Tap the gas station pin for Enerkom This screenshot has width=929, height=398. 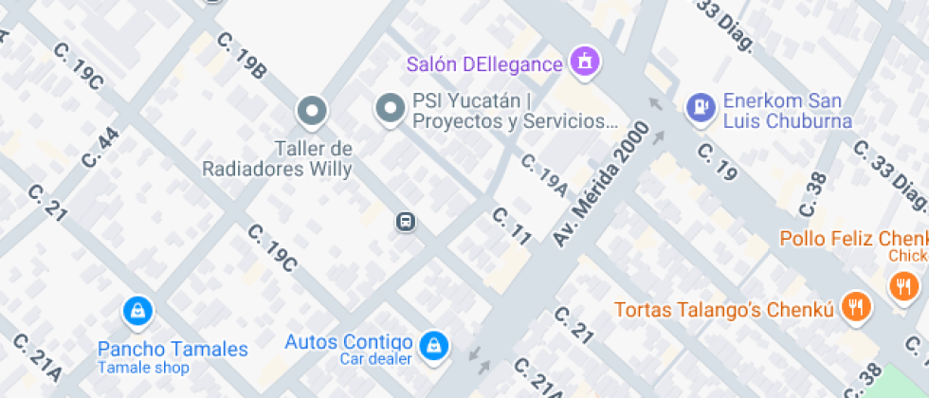tap(700, 106)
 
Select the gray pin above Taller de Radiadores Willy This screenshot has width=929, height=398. tap(311, 112)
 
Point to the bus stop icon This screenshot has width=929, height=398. tap(405, 222)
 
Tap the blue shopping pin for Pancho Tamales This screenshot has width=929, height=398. tap(138, 311)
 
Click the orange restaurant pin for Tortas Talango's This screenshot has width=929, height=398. tap(857, 305)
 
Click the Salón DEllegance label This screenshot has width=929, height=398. tap(484, 64)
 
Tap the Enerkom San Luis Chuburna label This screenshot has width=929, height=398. tap(787, 111)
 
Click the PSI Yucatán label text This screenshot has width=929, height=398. tap(515, 111)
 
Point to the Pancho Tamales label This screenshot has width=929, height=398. tap(173, 350)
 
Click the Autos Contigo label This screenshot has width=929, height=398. tap(349, 342)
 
